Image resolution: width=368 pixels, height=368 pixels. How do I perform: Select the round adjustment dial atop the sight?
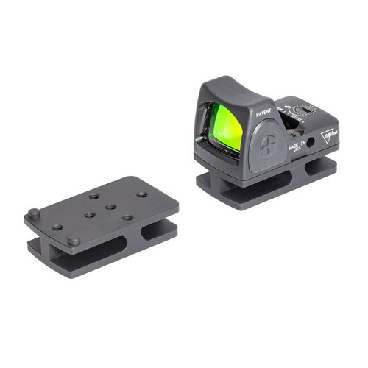coord(302,110)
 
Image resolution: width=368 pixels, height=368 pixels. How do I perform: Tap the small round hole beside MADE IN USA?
coord(311,141)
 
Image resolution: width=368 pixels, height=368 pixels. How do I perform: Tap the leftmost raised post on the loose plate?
coord(34,213)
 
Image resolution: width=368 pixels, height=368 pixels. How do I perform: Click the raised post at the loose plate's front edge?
coord(73,241)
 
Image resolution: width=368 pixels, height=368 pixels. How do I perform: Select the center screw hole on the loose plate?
coord(110,207)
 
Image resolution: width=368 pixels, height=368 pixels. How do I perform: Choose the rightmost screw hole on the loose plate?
coord(141,194)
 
